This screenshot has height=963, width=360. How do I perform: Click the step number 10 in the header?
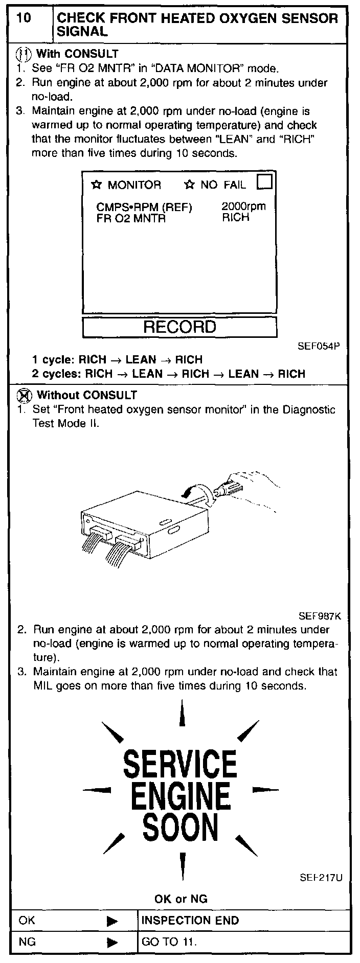click(24, 19)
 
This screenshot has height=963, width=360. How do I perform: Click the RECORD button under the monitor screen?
click(179, 327)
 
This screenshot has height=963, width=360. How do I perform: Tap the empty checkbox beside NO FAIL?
click(265, 182)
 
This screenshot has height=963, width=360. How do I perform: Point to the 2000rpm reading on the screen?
click(243, 207)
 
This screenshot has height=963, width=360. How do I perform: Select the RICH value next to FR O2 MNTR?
click(236, 218)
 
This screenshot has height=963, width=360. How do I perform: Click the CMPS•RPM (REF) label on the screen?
click(144, 208)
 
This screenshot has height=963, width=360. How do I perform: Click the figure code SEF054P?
click(319, 346)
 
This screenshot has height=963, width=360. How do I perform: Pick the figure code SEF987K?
click(320, 616)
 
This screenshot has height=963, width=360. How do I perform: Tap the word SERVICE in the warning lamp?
click(180, 764)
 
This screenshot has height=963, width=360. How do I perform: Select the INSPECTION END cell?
click(190, 921)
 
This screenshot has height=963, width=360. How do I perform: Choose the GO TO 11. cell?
click(169, 942)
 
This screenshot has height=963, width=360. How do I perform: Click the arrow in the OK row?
click(112, 921)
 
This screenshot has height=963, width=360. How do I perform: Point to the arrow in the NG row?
click(112, 942)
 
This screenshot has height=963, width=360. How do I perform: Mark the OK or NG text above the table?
click(181, 899)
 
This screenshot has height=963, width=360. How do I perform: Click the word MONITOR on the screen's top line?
click(134, 185)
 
